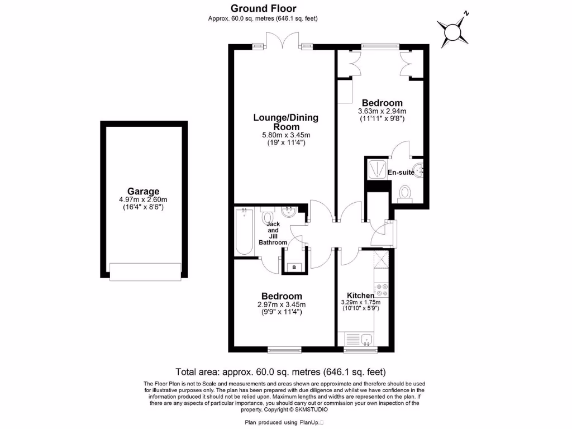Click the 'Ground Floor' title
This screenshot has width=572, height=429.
point(264,8)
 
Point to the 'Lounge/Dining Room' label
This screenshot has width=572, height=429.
point(285,122)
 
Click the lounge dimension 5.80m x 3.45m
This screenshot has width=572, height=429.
point(285,135)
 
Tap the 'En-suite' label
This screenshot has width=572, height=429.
point(401,173)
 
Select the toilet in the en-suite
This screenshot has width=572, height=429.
point(405,193)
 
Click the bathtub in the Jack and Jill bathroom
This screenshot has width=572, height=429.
point(244,231)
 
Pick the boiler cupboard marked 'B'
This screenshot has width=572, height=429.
point(295,268)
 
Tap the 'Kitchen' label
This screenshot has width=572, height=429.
point(360,295)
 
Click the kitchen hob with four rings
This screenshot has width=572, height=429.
point(383,289)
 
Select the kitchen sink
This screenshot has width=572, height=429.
point(366,338)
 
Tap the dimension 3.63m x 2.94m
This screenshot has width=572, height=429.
point(382,111)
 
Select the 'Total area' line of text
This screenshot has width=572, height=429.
point(280,371)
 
